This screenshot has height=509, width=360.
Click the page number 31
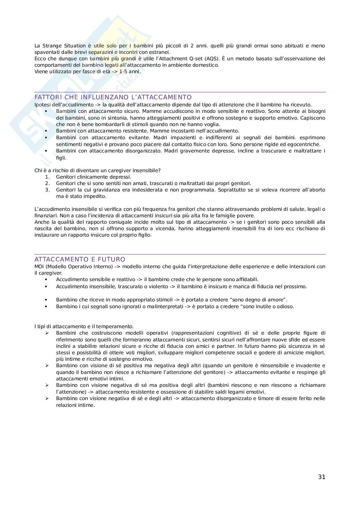pyautogui.click(x=321, y=477)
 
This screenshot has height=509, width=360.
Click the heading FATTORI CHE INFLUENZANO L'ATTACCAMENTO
pyautogui.click(x=113, y=97)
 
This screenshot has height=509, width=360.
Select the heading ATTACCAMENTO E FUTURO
pyautogui.click(x=80, y=259)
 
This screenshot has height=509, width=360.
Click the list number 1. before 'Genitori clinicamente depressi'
pyautogui.click(x=47, y=177)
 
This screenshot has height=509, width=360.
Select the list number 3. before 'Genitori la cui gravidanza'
pyautogui.click(x=47, y=190)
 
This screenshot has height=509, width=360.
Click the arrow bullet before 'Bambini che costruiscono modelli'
pyautogui.click(x=47, y=333)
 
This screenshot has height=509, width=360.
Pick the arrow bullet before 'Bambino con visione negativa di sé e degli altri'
pyautogui.click(x=47, y=398)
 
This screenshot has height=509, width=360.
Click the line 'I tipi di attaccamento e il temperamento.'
pyautogui.click(x=84, y=327)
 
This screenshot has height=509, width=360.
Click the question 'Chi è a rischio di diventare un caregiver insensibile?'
pyautogui.click(x=97, y=171)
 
